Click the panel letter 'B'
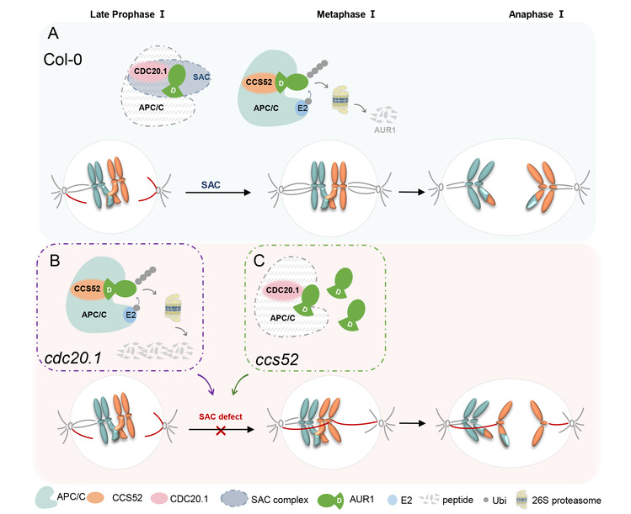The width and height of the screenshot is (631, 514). (x=56, y=262)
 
